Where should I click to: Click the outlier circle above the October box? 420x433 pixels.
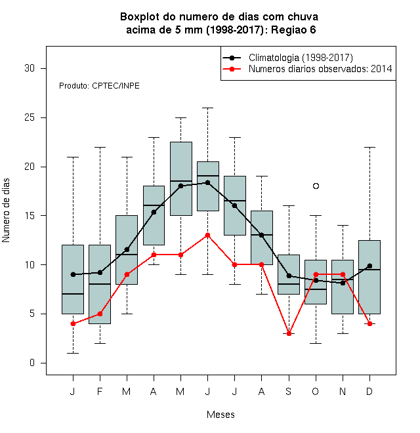click(316, 186)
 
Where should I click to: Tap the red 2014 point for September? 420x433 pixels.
click(289, 333)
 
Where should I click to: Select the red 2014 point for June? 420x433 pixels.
click(208, 236)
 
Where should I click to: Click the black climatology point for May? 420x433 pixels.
click(180, 186)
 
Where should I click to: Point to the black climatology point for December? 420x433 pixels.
click(369, 266)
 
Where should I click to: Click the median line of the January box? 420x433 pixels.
click(73, 294)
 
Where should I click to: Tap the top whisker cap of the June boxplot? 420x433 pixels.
click(208, 108)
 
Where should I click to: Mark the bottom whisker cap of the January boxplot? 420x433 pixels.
click(73, 353)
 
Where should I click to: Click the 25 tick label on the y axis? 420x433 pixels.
click(30, 117)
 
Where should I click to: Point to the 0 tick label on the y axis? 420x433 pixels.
click(32, 363)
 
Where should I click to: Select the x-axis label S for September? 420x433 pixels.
click(289, 391)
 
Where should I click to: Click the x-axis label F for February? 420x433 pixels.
click(100, 391)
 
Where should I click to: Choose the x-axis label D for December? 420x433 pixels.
click(369, 391)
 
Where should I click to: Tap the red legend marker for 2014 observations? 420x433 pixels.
click(232, 69)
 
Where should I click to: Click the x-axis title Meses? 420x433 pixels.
click(220, 415)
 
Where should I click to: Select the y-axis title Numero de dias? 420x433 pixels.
click(6, 211)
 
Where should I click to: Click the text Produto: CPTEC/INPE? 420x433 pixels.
click(99, 86)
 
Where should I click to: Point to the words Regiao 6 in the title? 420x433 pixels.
click(293, 30)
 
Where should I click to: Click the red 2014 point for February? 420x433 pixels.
click(100, 314)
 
